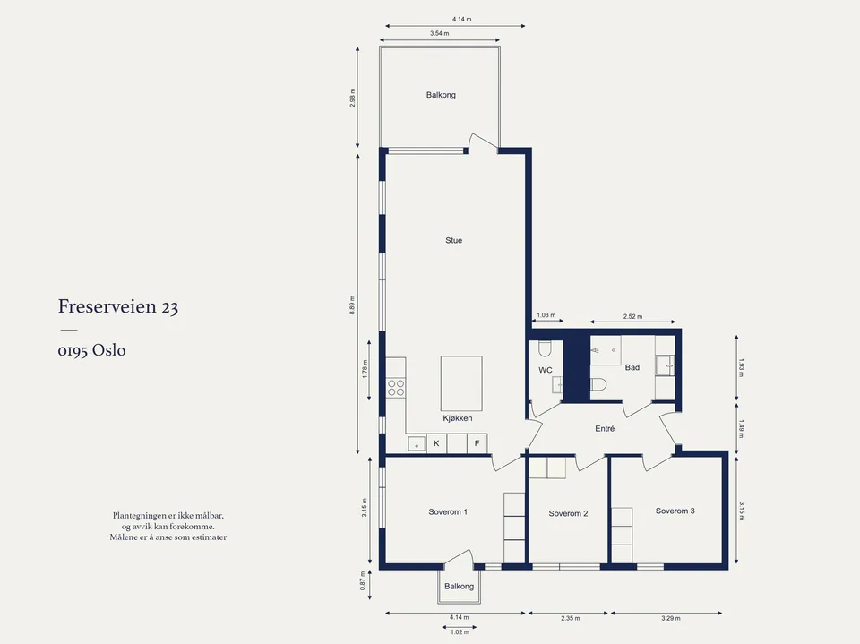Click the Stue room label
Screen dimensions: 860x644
pyautogui.click(x=453, y=240)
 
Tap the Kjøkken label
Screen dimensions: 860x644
pyautogui.click(x=458, y=418)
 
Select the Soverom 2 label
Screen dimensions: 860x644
pyautogui.click(x=568, y=513)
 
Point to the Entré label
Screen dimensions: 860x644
pyautogui.click(x=605, y=429)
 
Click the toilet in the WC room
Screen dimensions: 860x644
pyautogui.click(x=546, y=349)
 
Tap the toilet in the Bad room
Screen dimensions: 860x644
pyautogui.click(x=598, y=384)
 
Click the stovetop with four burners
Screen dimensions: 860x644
pyautogui.click(x=395, y=388)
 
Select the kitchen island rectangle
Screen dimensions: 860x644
pyautogui.click(x=461, y=383)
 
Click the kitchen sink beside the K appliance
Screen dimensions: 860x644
pyautogui.click(x=417, y=443)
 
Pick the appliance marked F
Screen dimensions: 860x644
pyautogui.click(x=477, y=443)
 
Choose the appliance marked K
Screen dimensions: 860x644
pyautogui.click(x=436, y=443)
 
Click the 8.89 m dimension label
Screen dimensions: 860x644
pyautogui.click(x=352, y=305)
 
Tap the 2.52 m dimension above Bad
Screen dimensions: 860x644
pyautogui.click(x=632, y=316)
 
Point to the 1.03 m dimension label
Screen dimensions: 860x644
pyautogui.click(x=546, y=315)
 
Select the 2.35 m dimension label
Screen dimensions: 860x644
pyautogui.click(x=571, y=618)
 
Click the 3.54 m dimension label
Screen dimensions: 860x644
pyautogui.click(x=439, y=33)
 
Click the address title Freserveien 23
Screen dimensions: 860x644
pyautogui.click(x=118, y=306)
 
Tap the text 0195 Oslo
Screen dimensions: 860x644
pyautogui.click(x=91, y=350)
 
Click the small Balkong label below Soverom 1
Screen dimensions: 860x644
pyautogui.click(x=459, y=587)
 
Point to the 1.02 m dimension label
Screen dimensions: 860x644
pyautogui.click(x=460, y=632)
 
